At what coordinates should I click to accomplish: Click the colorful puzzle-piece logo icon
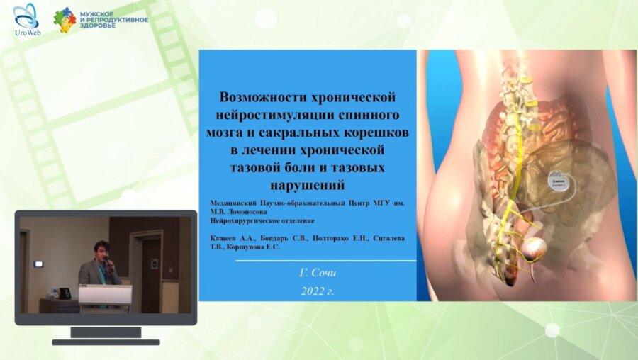click(x=65, y=20)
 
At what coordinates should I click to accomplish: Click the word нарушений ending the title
click(x=307, y=186)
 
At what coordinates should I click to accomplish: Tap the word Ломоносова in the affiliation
click(x=247, y=210)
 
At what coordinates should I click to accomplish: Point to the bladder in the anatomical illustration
click(x=535, y=249)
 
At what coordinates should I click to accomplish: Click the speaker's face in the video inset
click(x=101, y=250)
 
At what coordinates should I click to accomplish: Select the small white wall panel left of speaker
click(x=38, y=264)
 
